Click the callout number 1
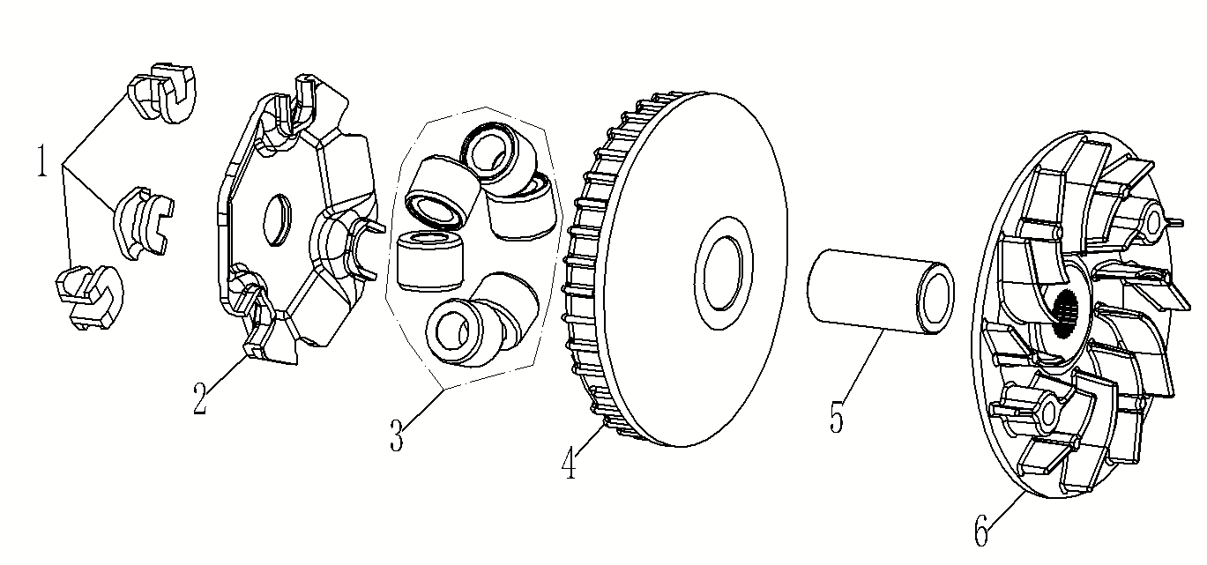[42, 160]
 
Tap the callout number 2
[200, 398]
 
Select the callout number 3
[397, 435]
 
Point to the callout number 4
[569, 463]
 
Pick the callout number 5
[837, 417]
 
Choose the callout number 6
[982, 530]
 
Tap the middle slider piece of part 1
[143, 223]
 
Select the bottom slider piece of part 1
[89, 297]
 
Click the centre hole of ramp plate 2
[278, 219]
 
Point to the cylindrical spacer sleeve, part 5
[881, 292]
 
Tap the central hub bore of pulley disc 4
[724, 272]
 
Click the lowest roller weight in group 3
[480, 321]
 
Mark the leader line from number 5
[863, 366]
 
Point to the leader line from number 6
[1007, 510]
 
